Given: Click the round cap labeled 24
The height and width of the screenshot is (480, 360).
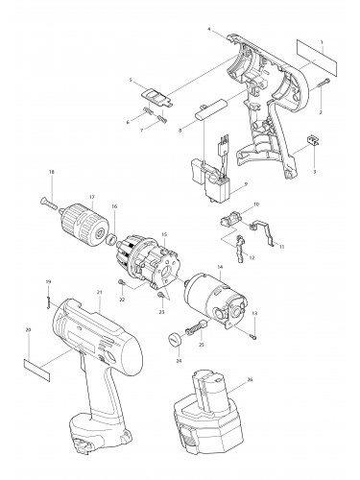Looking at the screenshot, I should [x=177, y=339].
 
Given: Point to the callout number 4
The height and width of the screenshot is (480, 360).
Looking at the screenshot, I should [x=208, y=31].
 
